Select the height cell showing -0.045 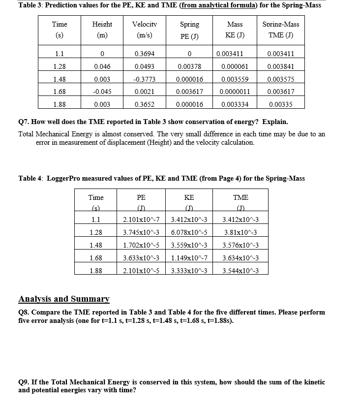pos(102,92)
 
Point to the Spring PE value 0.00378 pos(189,66)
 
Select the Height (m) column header pos(102,31)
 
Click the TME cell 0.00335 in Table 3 pos(280,104)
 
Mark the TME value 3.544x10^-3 pos(241,270)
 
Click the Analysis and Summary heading pos(64,299)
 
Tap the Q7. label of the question pos(25,122)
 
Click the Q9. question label pos(25,382)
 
